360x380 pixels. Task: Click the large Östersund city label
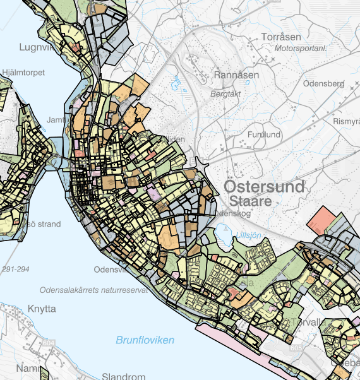click(x=264, y=186)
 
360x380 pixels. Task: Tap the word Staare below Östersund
click(x=250, y=201)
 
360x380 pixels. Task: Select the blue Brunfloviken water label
click(x=145, y=340)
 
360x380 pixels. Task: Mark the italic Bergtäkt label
click(x=225, y=93)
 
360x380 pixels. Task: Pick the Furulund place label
click(x=263, y=134)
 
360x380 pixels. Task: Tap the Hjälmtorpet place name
click(x=23, y=73)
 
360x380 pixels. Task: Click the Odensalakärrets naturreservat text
click(x=93, y=290)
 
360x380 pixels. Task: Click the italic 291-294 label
click(x=16, y=269)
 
